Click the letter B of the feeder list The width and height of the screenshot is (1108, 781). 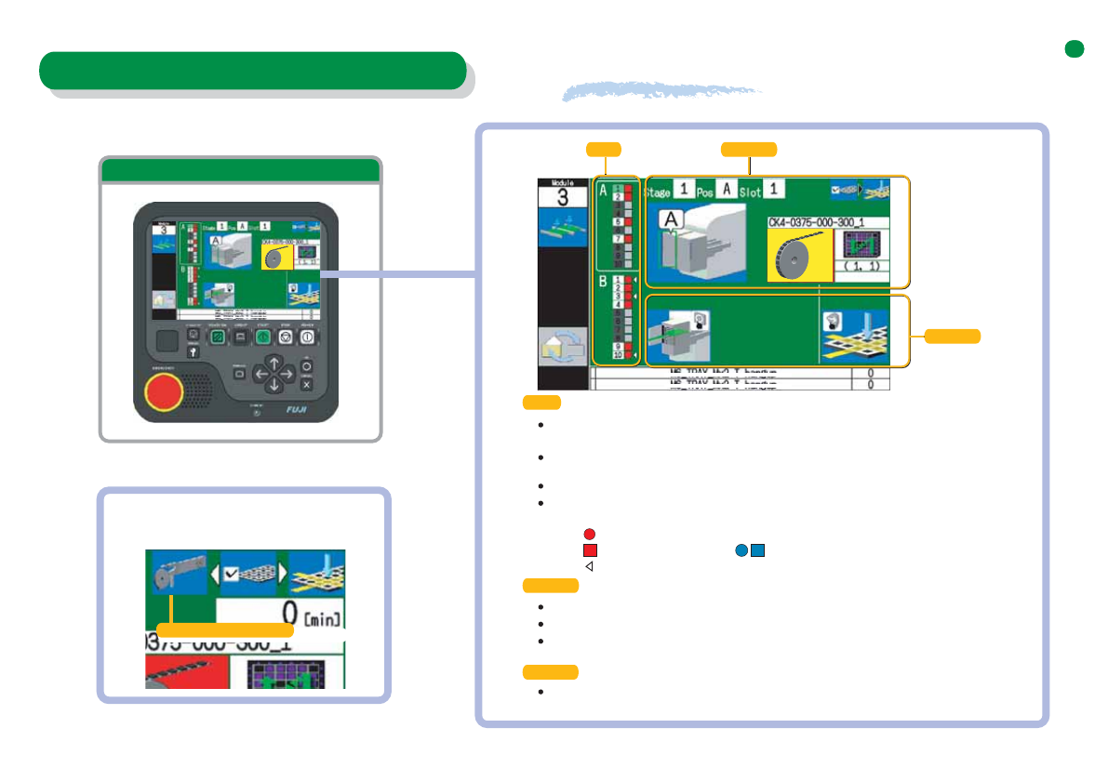603,280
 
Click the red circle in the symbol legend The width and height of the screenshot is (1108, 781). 589,534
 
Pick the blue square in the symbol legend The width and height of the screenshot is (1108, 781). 758,549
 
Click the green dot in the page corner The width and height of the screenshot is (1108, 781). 1075,49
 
